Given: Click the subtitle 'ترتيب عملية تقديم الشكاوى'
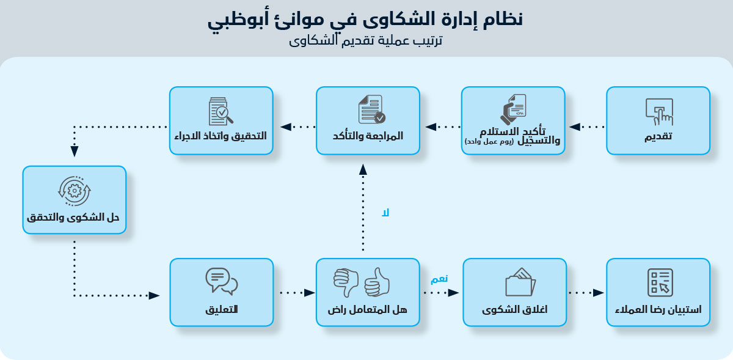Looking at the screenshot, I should tap(365, 42).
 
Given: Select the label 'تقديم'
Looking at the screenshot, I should tap(658, 136).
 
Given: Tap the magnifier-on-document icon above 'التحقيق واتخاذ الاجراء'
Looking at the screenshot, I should tap(221, 110).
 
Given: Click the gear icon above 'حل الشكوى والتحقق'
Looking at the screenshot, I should tap(74, 190).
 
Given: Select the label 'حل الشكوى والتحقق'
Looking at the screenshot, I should tap(74, 218).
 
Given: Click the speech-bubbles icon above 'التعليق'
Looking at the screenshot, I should tap(221, 281).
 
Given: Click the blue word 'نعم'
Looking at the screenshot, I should tap(439, 279).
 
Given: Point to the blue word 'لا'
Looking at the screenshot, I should tap(385, 213).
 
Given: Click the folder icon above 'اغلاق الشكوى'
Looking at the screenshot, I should tap(520, 282).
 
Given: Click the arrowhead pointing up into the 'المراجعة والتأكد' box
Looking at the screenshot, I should tap(363, 169).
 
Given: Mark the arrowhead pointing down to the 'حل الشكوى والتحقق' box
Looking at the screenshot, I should tap(74, 152).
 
